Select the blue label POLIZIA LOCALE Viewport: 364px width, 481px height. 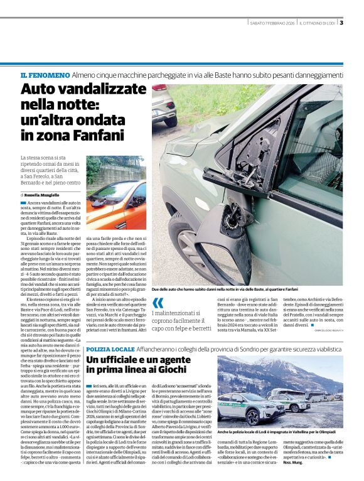110,349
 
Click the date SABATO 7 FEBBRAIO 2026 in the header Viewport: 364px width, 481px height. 270,23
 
